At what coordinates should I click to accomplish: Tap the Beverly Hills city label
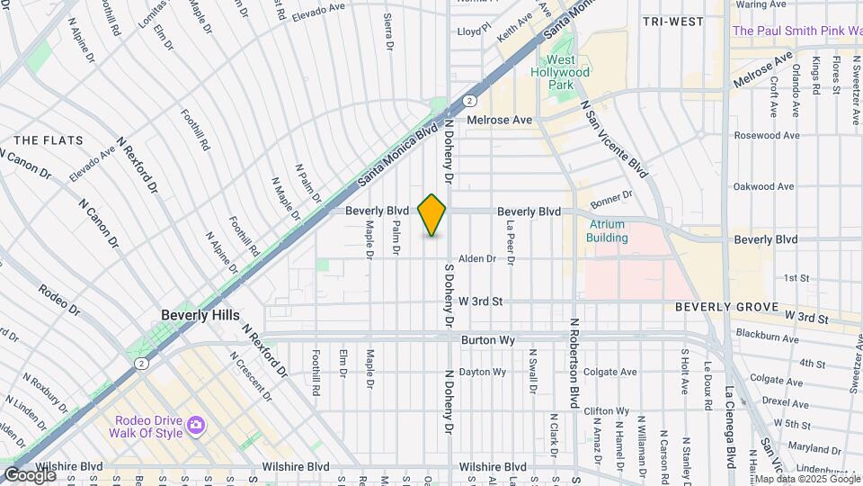(200, 315)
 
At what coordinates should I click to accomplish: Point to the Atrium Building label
(608, 231)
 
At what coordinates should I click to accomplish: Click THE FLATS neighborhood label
(49, 140)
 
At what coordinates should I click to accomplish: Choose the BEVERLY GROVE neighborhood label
(726, 307)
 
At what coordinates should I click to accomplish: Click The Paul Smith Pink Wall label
(796, 31)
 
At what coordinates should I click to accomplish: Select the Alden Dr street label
(477, 258)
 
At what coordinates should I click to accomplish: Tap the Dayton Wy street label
(482, 372)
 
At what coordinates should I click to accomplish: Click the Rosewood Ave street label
(766, 135)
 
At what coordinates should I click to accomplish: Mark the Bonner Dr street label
(612, 194)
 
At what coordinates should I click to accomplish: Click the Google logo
(30, 474)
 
